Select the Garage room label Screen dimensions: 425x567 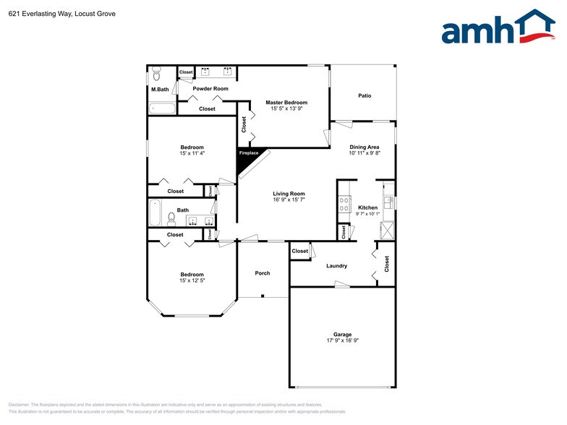[x=343, y=335]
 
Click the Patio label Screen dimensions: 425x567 [x=365, y=95]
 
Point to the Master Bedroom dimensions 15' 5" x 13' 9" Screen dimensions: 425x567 [x=286, y=109]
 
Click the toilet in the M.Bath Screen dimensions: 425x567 [x=155, y=74]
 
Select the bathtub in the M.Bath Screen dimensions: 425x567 [x=163, y=109]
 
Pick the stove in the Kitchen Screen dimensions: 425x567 [x=344, y=205]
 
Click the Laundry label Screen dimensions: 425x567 [x=337, y=266]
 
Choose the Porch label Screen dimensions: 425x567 [x=263, y=273]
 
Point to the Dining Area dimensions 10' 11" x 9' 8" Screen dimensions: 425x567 [x=364, y=153]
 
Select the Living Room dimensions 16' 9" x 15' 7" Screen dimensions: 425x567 [x=289, y=200]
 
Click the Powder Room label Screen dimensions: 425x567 [x=210, y=89]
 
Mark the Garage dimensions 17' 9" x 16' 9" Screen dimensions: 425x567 [x=343, y=341]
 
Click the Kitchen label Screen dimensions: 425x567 [x=368, y=207]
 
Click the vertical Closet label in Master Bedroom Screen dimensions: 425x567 [x=244, y=124]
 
